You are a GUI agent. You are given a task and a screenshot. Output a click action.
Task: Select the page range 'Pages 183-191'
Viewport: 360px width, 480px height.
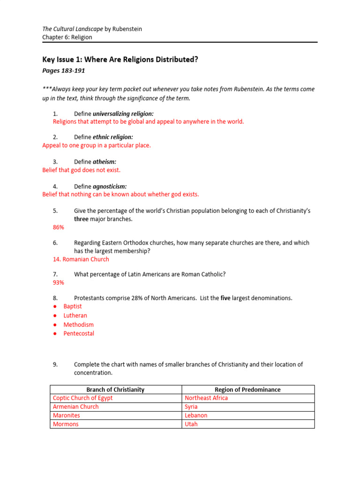point(63,71)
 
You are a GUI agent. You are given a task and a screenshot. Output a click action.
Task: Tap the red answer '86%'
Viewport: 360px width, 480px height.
point(59,227)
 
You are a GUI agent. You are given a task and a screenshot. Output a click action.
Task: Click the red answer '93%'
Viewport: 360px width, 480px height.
point(59,283)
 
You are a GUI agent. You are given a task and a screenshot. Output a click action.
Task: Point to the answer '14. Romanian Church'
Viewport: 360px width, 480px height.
point(81,259)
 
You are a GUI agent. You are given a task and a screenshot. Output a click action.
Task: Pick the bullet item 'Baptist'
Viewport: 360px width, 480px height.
point(73,307)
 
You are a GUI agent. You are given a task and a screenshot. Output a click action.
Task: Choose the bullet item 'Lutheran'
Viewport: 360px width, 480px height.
point(75,315)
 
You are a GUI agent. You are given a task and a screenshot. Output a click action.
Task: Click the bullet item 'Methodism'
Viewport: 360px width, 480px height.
point(78,324)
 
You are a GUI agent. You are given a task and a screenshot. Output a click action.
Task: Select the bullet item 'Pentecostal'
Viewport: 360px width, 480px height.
point(79,333)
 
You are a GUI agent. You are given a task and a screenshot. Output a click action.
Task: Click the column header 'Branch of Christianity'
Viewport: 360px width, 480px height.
point(115,390)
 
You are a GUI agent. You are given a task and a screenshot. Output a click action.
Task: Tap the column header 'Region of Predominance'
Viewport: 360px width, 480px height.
point(247,390)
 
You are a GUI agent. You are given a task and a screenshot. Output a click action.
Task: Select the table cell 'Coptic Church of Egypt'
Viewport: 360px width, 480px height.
point(82,398)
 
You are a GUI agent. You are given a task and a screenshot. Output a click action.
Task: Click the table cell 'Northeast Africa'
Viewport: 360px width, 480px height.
point(206,398)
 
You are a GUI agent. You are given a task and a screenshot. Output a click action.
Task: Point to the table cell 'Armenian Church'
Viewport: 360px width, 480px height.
point(75,407)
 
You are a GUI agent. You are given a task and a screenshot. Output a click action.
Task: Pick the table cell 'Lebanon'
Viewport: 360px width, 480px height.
point(196,415)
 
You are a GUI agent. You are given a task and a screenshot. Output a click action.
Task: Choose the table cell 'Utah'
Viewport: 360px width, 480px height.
point(191,424)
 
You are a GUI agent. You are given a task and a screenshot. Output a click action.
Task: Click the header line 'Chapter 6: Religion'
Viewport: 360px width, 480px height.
point(67,37)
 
